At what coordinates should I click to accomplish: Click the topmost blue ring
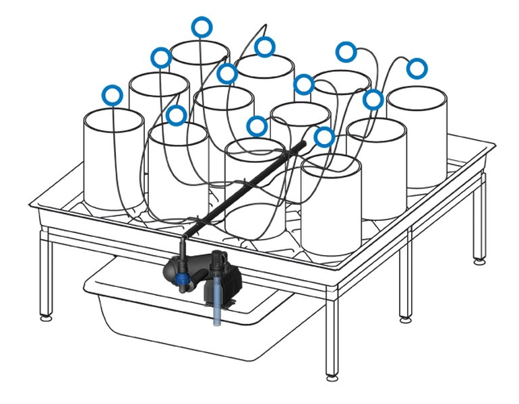tap(202, 27)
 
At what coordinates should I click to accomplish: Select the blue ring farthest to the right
tap(417, 68)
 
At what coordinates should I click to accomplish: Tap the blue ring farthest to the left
tap(113, 95)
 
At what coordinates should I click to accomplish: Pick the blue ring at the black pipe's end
tap(324, 137)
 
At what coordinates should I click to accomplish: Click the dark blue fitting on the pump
tap(182, 277)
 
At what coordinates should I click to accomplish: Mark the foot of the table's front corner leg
tap(332, 374)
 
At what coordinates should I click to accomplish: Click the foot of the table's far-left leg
tap(45, 314)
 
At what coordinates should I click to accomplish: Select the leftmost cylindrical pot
tap(113, 162)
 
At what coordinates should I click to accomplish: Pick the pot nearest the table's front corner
tap(331, 205)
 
